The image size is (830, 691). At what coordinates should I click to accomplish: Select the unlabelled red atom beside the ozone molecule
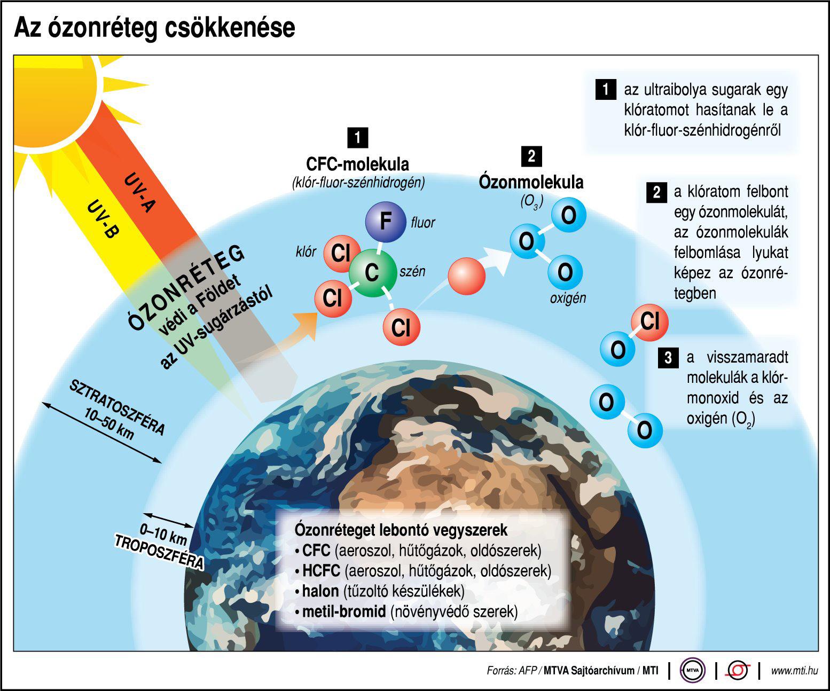click(x=467, y=276)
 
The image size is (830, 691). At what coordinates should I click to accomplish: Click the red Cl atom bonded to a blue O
click(x=649, y=322)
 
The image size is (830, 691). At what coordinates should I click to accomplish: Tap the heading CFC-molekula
click(x=357, y=163)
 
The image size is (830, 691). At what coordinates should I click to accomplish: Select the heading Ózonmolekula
click(x=531, y=182)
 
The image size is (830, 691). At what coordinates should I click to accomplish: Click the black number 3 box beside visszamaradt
click(x=668, y=357)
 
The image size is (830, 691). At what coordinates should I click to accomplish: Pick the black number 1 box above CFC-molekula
click(x=357, y=138)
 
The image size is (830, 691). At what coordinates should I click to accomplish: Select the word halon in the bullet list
click(x=320, y=591)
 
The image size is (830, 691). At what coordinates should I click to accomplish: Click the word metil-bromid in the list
click(x=344, y=611)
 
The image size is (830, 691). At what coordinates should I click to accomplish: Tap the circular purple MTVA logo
click(x=692, y=671)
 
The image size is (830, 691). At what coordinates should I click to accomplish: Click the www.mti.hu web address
click(x=794, y=671)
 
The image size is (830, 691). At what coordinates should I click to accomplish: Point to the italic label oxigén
click(x=568, y=299)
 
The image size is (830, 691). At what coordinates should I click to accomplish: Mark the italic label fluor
click(x=422, y=223)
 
